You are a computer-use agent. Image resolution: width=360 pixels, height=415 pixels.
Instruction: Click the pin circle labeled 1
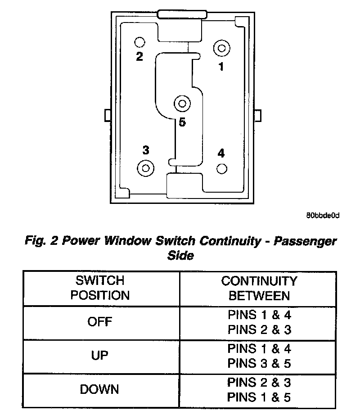click(221, 47)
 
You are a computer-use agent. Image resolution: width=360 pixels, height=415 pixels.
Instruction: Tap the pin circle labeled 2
click(139, 42)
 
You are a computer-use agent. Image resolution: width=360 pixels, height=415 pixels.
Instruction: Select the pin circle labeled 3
click(145, 168)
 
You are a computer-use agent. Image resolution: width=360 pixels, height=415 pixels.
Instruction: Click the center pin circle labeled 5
click(182, 104)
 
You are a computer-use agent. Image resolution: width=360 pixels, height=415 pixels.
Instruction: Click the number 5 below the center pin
click(182, 122)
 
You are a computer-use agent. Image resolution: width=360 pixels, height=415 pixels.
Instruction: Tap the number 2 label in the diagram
click(139, 57)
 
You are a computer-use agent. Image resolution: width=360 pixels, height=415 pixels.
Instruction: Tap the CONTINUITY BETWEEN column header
click(259, 288)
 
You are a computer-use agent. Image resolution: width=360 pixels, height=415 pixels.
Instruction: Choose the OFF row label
click(100, 322)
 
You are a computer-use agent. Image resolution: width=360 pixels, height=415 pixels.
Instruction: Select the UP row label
click(100, 356)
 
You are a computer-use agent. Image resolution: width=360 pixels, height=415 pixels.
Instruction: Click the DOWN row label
click(100, 389)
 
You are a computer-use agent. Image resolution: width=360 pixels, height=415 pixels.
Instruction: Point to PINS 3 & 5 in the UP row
click(259, 363)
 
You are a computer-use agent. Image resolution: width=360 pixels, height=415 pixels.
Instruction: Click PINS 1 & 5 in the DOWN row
click(259, 397)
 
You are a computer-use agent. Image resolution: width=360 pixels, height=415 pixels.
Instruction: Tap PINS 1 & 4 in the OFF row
click(259, 315)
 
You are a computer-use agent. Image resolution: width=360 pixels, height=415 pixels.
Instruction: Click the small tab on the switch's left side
click(107, 115)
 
